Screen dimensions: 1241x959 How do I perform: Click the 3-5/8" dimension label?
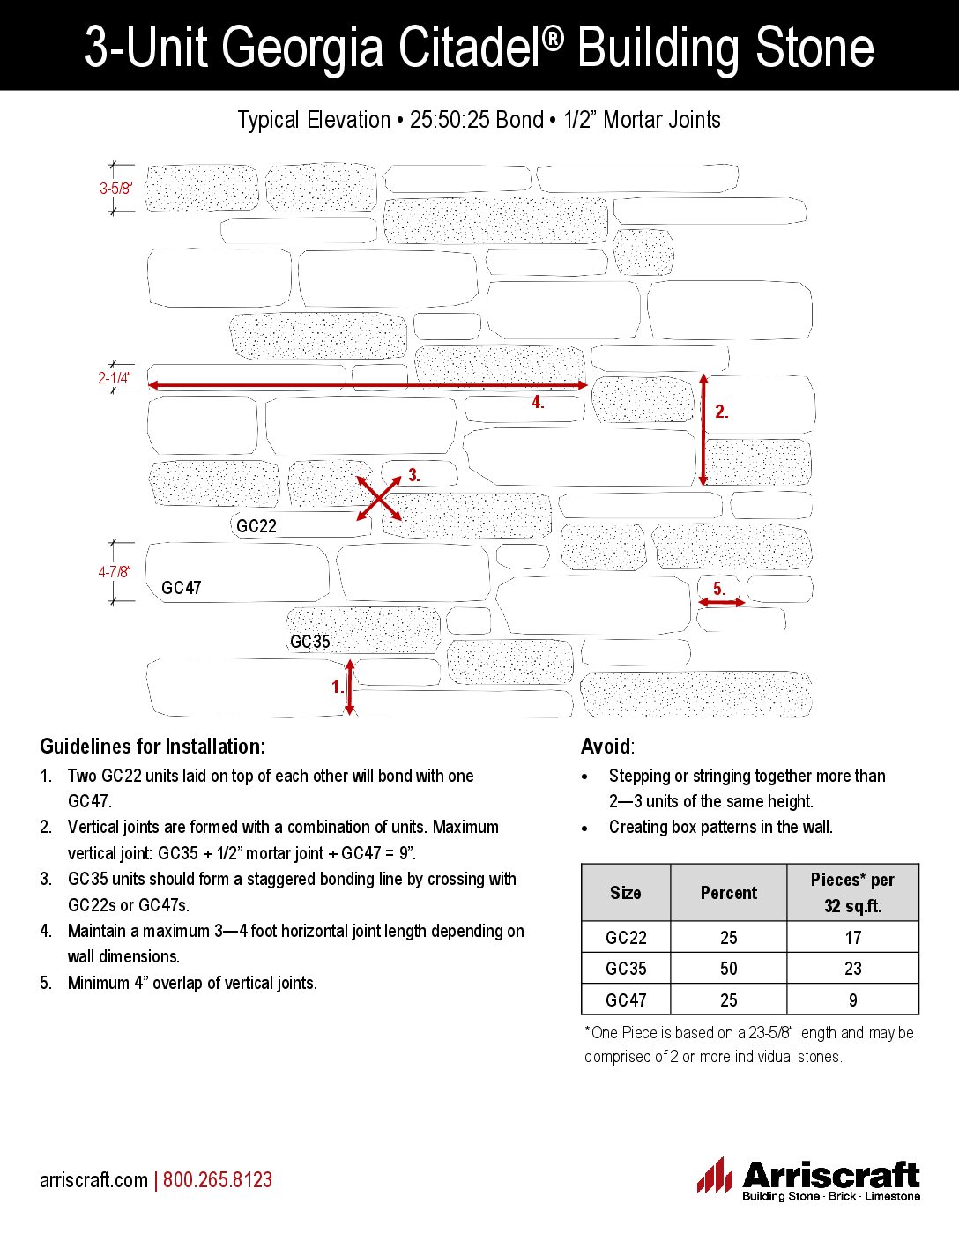pyautogui.click(x=115, y=189)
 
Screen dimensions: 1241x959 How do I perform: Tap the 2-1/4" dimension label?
pyautogui.click(x=114, y=378)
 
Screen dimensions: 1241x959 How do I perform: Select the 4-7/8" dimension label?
pyautogui.click(x=114, y=572)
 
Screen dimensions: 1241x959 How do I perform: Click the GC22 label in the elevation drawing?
pyautogui.click(x=256, y=526)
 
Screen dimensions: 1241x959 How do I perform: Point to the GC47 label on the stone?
pyautogui.click(x=182, y=588)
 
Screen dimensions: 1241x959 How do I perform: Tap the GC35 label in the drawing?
pyautogui.click(x=310, y=642)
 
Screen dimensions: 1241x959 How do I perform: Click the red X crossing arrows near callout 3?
pyautogui.click(x=379, y=499)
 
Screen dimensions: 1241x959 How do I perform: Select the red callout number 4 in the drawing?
pyautogui.click(x=538, y=403)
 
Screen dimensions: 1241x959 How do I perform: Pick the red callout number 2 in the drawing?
pyautogui.click(x=722, y=412)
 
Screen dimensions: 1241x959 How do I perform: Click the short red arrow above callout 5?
pyautogui.click(x=721, y=602)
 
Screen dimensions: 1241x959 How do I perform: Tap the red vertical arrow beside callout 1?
pyautogui.click(x=350, y=687)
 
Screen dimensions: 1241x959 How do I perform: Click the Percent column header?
pyautogui.click(x=728, y=893)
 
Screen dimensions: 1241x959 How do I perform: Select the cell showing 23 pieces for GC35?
pyautogui.click(x=852, y=969)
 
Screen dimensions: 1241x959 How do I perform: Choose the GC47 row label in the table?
pyautogui.click(x=626, y=1000)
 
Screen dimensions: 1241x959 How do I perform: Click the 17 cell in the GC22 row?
pyautogui.click(x=852, y=938)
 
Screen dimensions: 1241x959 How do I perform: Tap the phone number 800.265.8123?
pyautogui.click(x=218, y=1180)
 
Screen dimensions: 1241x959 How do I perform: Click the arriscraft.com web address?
pyautogui.click(x=93, y=1180)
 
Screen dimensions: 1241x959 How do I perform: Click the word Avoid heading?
pyautogui.click(x=606, y=747)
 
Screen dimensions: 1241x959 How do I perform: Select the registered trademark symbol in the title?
pyautogui.click(x=553, y=33)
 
